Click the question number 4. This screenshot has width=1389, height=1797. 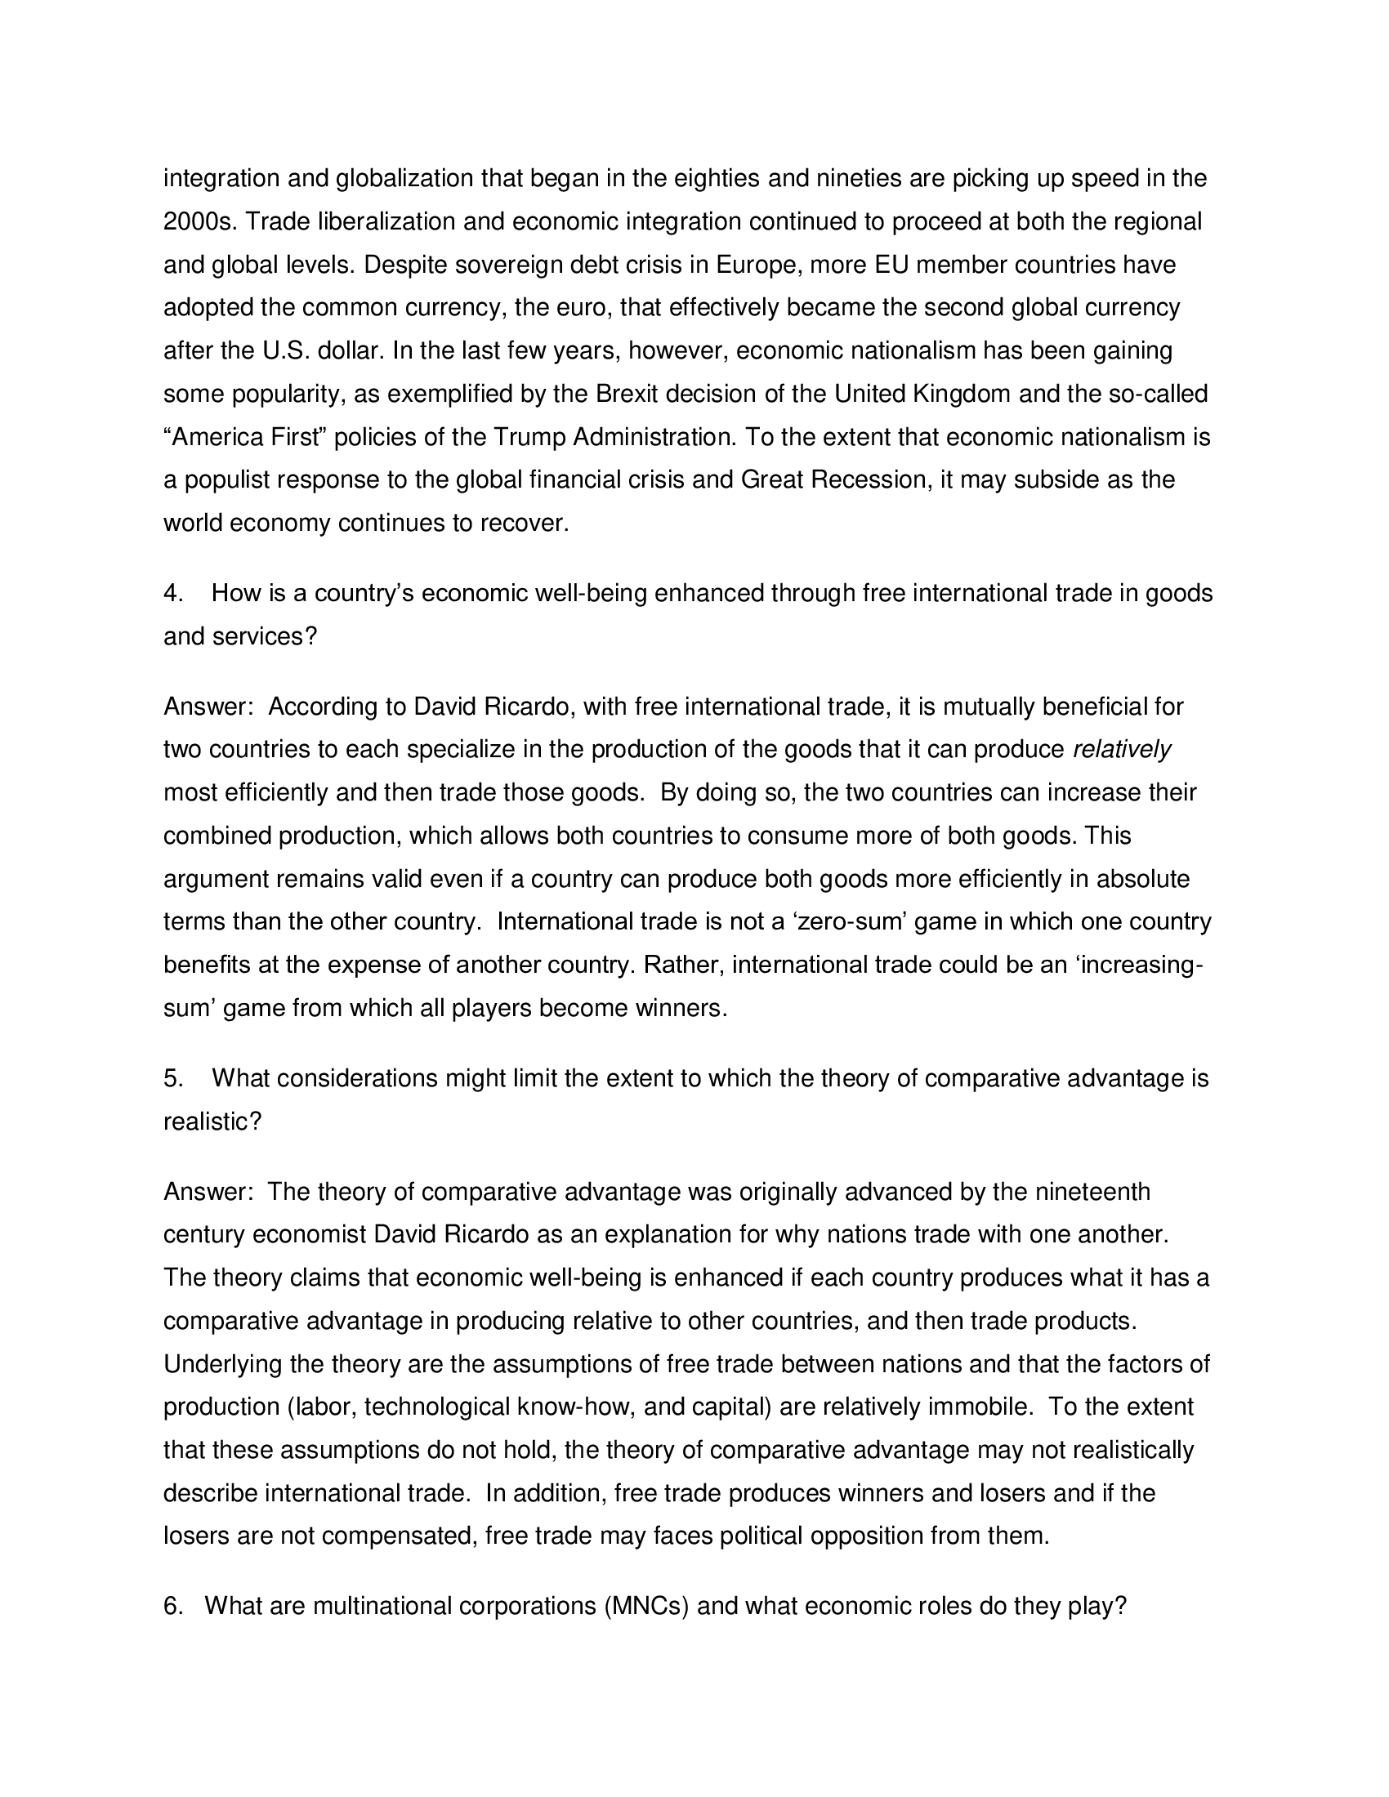(x=172, y=593)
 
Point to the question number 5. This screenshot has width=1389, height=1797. (x=172, y=1078)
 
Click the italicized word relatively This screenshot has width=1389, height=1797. (x=1122, y=750)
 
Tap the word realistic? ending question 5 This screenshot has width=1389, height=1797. (x=212, y=1121)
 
